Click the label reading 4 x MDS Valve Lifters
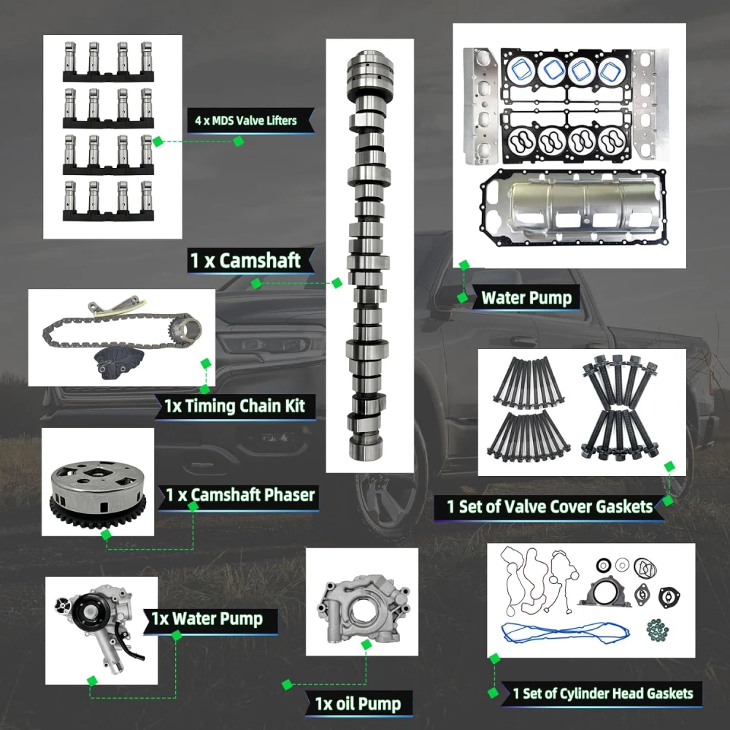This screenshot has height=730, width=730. [246, 120]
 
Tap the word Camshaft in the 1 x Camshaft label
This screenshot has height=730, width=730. [260, 261]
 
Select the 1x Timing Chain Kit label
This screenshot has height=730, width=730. [234, 406]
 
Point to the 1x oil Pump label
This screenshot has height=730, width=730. [358, 704]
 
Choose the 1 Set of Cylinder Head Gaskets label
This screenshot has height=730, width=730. [603, 693]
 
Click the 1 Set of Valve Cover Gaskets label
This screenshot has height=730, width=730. [550, 507]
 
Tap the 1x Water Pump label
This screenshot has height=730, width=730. [207, 619]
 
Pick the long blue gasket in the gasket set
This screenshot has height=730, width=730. [565, 633]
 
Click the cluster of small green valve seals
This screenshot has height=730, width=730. [658, 629]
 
